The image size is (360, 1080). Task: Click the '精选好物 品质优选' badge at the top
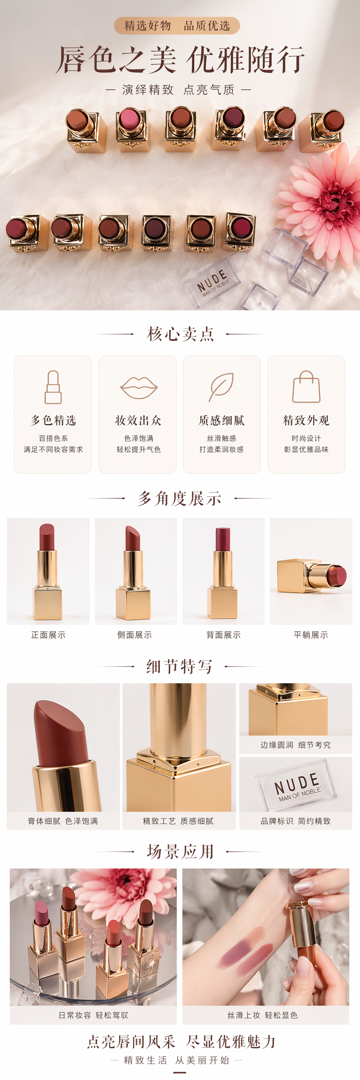(177, 26)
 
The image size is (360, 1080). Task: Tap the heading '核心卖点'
(180, 334)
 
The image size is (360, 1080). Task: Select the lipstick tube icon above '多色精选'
(53, 387)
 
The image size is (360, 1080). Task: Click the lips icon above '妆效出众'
(138, 387)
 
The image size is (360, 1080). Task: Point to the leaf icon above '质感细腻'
(221, 387)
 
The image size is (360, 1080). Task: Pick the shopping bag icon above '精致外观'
(306, 387)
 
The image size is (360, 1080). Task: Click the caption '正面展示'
(48, 635)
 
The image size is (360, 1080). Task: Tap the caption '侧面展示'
(135, 635)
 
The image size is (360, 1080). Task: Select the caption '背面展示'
(224, 635)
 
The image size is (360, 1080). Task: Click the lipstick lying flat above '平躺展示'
(312, 575)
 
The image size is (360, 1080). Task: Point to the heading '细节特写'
(180, 666)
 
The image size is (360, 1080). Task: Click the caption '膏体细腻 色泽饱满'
(63, 821)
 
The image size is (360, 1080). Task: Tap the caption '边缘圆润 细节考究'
(295, 745)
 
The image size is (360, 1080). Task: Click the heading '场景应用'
(180, 852)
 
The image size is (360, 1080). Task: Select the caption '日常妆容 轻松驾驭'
(93, 1015)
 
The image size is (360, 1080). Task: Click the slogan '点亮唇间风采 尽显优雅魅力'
(181, 1042)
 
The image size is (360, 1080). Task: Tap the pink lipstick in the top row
(131, 129)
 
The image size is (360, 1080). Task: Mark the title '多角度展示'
(180, 498)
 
